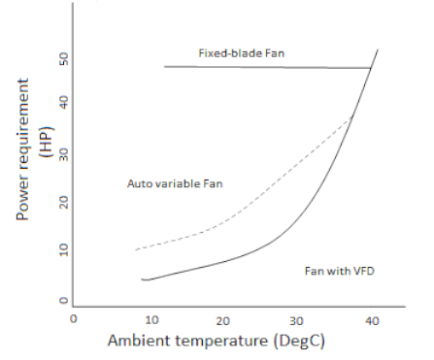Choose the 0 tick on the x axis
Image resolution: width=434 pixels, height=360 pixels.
pos(74,319)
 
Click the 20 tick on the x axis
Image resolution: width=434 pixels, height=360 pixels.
pos(222,319)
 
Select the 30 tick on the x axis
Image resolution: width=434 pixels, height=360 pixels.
pos(297,319)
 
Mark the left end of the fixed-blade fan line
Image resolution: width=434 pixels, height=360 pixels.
pos(164,66)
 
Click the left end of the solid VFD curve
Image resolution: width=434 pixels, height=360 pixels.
pos(142,279)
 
